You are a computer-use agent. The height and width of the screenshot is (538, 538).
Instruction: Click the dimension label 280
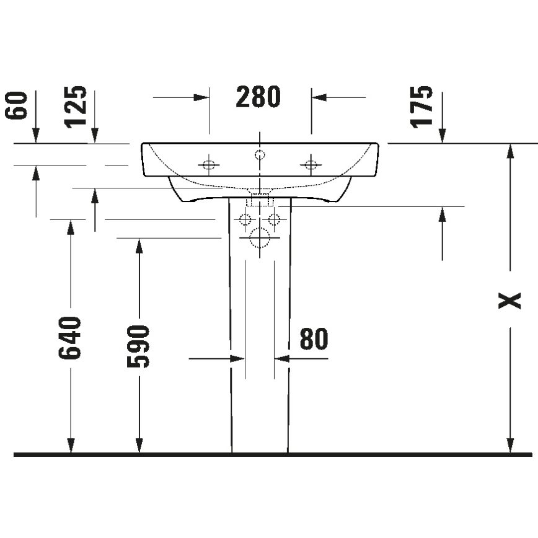(258, 97)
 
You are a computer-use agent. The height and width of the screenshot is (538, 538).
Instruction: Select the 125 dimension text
(77, 107)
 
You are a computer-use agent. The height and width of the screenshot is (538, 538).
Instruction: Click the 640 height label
(70, 338)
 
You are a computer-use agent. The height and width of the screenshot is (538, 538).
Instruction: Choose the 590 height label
(139, 346)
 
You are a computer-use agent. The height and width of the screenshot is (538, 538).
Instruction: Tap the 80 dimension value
(314, 339)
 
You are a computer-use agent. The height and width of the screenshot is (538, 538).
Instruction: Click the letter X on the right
(510, 301)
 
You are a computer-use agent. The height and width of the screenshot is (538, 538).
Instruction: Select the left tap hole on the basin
(208, 165)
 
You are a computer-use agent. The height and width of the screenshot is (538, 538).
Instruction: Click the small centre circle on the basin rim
(260, 154)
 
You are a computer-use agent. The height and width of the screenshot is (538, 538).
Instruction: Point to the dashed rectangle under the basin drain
(260, 200)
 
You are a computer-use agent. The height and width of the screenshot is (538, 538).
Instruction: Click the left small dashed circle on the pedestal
(245, 219)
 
